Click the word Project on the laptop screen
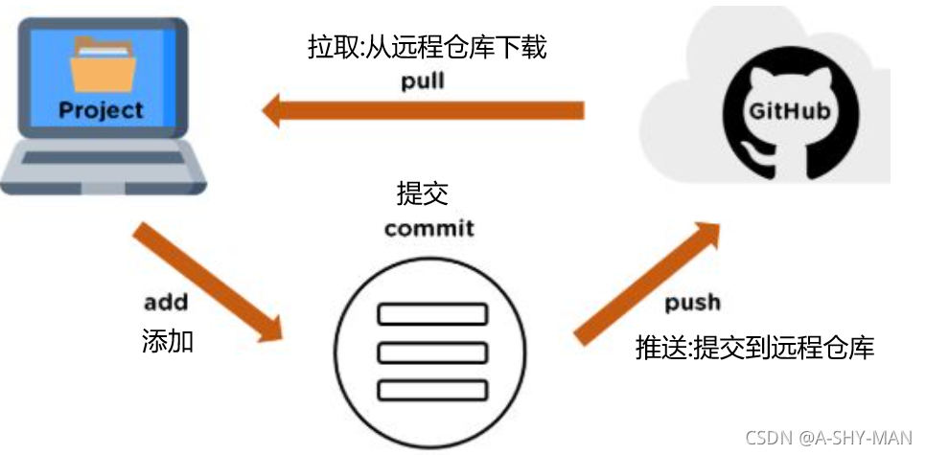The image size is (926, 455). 101,110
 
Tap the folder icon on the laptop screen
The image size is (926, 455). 100,65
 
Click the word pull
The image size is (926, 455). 423,80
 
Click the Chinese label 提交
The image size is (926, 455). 422,194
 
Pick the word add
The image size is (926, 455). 165,304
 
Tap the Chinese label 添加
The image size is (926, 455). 167,340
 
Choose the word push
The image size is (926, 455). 691,304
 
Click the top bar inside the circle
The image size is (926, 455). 432,314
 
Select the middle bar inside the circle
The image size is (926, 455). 432,352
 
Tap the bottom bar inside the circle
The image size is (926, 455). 432,390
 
